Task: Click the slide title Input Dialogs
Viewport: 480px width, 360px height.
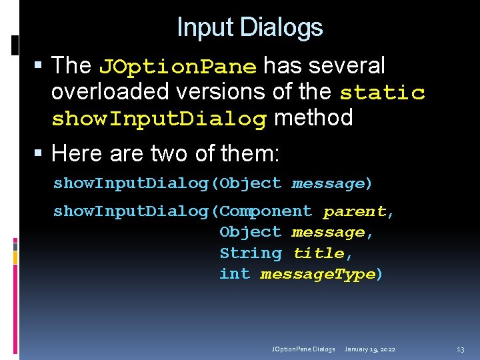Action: [x=250, y=27]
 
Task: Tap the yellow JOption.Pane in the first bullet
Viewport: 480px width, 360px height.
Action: [x=177, y=67]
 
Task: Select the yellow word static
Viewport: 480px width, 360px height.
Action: [x=382, y=92]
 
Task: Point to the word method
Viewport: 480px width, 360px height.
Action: [x=313, y=118]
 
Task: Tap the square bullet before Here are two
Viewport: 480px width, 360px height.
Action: [x=39, y=155]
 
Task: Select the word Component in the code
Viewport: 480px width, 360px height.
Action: [x=265, y=211]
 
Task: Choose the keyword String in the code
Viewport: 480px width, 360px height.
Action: [x=250, y=253]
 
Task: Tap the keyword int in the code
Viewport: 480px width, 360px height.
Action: [x=234, y=274]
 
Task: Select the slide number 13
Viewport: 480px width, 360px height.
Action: [x=460, y=349]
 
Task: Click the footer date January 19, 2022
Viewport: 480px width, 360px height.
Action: [x=370, y=349]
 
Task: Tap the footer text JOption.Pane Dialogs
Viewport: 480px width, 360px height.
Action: [x=303, y=349]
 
